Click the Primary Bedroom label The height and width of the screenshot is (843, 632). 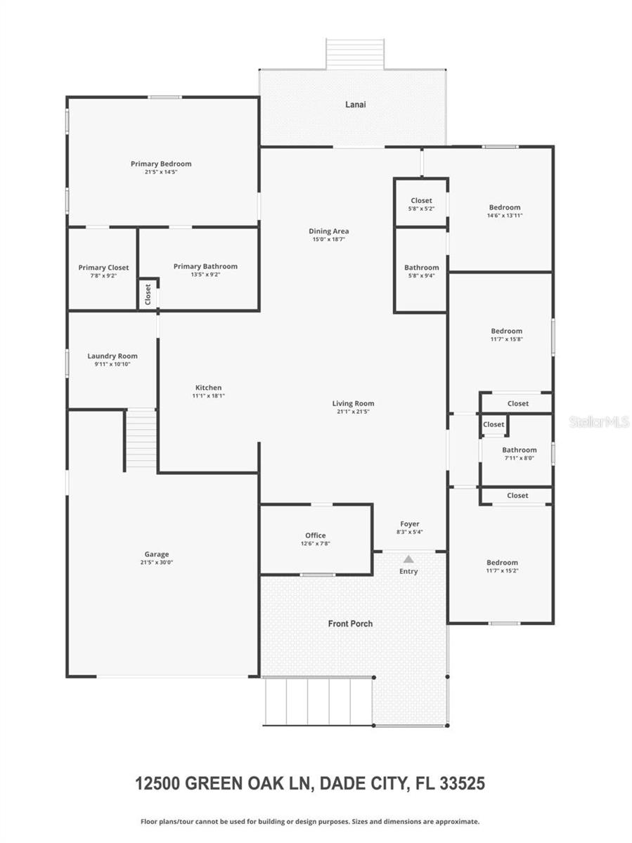[161, 164]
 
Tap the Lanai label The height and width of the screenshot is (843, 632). [355, 105]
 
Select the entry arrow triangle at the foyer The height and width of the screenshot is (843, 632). [408, 558]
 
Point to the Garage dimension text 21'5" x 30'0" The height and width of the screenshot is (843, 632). [157, 563]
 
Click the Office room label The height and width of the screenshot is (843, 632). [315, 535]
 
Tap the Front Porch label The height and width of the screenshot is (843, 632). [350, 624]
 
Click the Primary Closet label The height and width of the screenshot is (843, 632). [103, 268]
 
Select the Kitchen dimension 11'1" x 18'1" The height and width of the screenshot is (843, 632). [208, 396]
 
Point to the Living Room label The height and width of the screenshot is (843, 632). [353, 403]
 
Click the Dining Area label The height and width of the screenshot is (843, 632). [329, 231]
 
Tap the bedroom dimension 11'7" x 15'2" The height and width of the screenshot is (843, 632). [502, 570]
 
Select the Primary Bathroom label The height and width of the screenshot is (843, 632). [205, 266]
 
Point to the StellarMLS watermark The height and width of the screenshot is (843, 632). [599, 422]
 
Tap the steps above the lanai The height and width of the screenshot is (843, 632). [355, 54]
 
